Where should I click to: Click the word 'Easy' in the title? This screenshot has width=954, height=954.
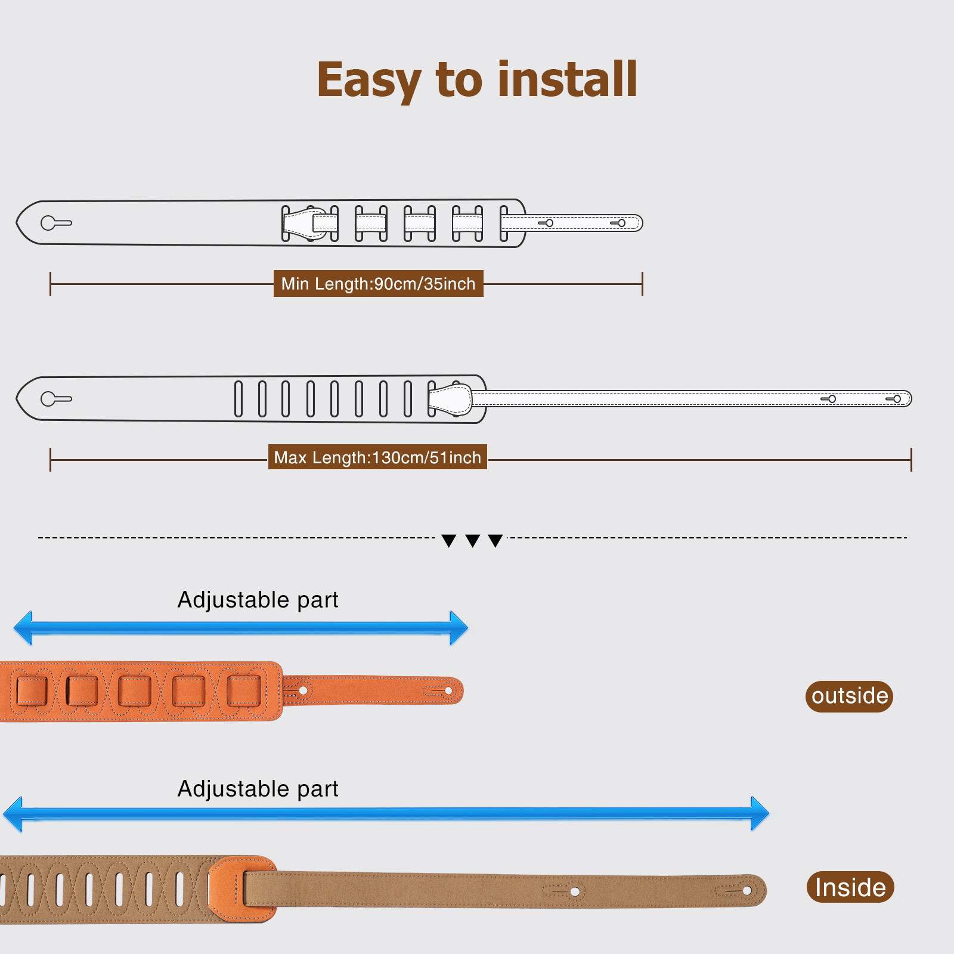click(x=369, y=80)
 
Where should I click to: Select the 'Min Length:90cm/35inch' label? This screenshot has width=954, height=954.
click(x=378, y=284)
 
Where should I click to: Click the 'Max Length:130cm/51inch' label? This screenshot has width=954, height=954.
click(x=377, y=457)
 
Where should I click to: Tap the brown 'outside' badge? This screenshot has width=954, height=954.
click(x=849, y=696)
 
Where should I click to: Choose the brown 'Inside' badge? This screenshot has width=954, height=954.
click(x=850, y=887)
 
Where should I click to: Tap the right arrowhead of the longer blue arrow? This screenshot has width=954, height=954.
click(x=760, y=813)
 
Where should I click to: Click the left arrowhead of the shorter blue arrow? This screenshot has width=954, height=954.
click(x=23, y=628)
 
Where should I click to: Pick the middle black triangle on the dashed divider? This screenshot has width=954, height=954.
click(x=473, y=541)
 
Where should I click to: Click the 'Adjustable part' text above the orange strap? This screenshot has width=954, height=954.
click(x=258, y=600)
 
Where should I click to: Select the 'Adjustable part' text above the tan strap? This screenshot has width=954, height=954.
click(x=258, y=789)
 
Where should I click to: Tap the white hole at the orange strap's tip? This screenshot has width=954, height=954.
click(x=448, y=691)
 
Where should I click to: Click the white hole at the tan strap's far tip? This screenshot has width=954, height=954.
click(x=747, y=891)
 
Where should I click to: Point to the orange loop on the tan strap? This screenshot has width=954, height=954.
click(x=238, y=889)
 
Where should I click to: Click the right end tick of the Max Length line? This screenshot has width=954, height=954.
click(x=911, y=460)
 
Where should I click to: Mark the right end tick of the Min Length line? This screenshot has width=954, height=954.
click(x=642, y=284)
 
